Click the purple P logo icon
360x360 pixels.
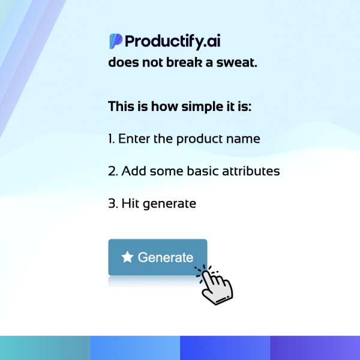click(x=115, y=41)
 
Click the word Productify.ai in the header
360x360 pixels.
click(x=173, y=41)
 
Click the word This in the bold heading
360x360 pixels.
click(x=121, y=106)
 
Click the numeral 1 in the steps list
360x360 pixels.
click(x=111, y=139)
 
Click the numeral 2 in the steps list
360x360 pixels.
click(x=113, y=171)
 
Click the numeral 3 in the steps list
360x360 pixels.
click(x=113, y=203)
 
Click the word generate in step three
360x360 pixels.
click(x=169, y=204)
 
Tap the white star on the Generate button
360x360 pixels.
click(x=127, y=257)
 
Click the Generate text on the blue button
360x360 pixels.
click(x=166, y=257)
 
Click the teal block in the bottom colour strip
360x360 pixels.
click(x=45, y=348)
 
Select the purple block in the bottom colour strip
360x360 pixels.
click(x=315, y=348)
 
